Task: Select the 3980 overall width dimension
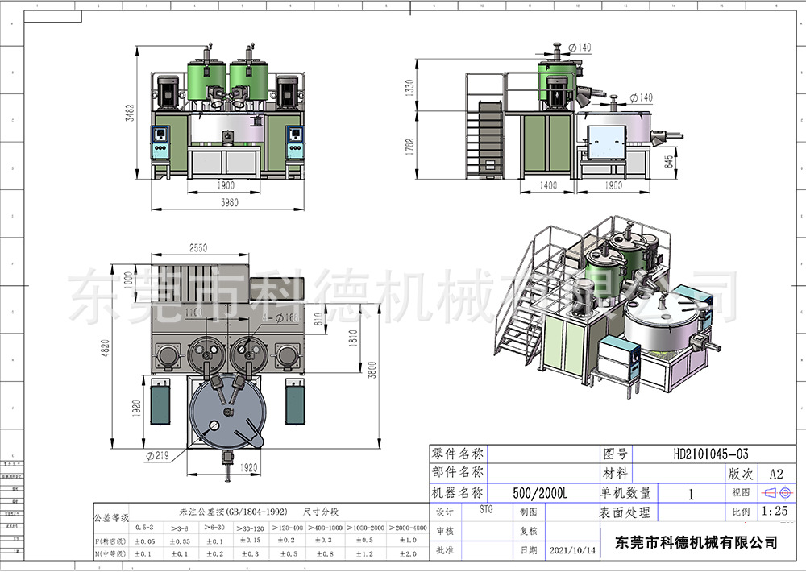230,202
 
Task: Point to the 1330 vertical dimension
409,86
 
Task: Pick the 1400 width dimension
548,185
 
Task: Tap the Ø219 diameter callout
157,456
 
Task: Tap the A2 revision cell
775,474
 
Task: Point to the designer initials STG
486,509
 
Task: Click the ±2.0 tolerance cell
409,553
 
